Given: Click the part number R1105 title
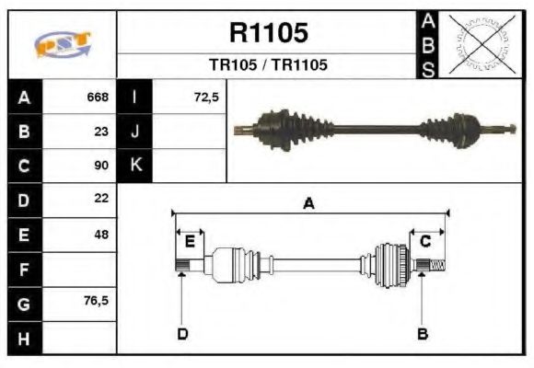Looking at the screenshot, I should pyautogui.click(x=268, y=33).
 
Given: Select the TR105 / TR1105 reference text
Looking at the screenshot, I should pyautogui.click(x=268, y=65).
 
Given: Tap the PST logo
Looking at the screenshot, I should pyautogui.click(x=63, y=44).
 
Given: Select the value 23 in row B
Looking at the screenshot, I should pyautogui.click(x=101, y=131).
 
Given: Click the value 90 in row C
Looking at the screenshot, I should pyautogui.click(x=101, y=166).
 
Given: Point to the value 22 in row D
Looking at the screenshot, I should pyautogui.click(x=101, y=199).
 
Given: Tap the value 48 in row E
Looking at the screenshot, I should pyautogui.click(x=101, y=234).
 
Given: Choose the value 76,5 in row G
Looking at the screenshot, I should pyautogui.click(x=97, y=301).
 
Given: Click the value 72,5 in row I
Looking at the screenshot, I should pyautogui.click(x=206, y=98).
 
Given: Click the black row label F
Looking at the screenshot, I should pyautogui.click(x=24, y=269).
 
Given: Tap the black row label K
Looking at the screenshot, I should pyautogui.click(x=135, y=166).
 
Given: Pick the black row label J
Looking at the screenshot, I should pyautogui.click(x=135, y=132).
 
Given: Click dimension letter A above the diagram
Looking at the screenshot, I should pyautogui.click(x=309, y=204).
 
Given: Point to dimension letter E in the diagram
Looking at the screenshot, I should pyautogui.click(x=190, y=242).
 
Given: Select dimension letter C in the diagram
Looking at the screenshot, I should pyautogui.click(x=425, y=241).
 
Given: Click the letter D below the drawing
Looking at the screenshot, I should pyautogui.click(x=182, y=334).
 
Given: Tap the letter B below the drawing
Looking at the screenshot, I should pyautogui.click(x=423, y=334).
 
